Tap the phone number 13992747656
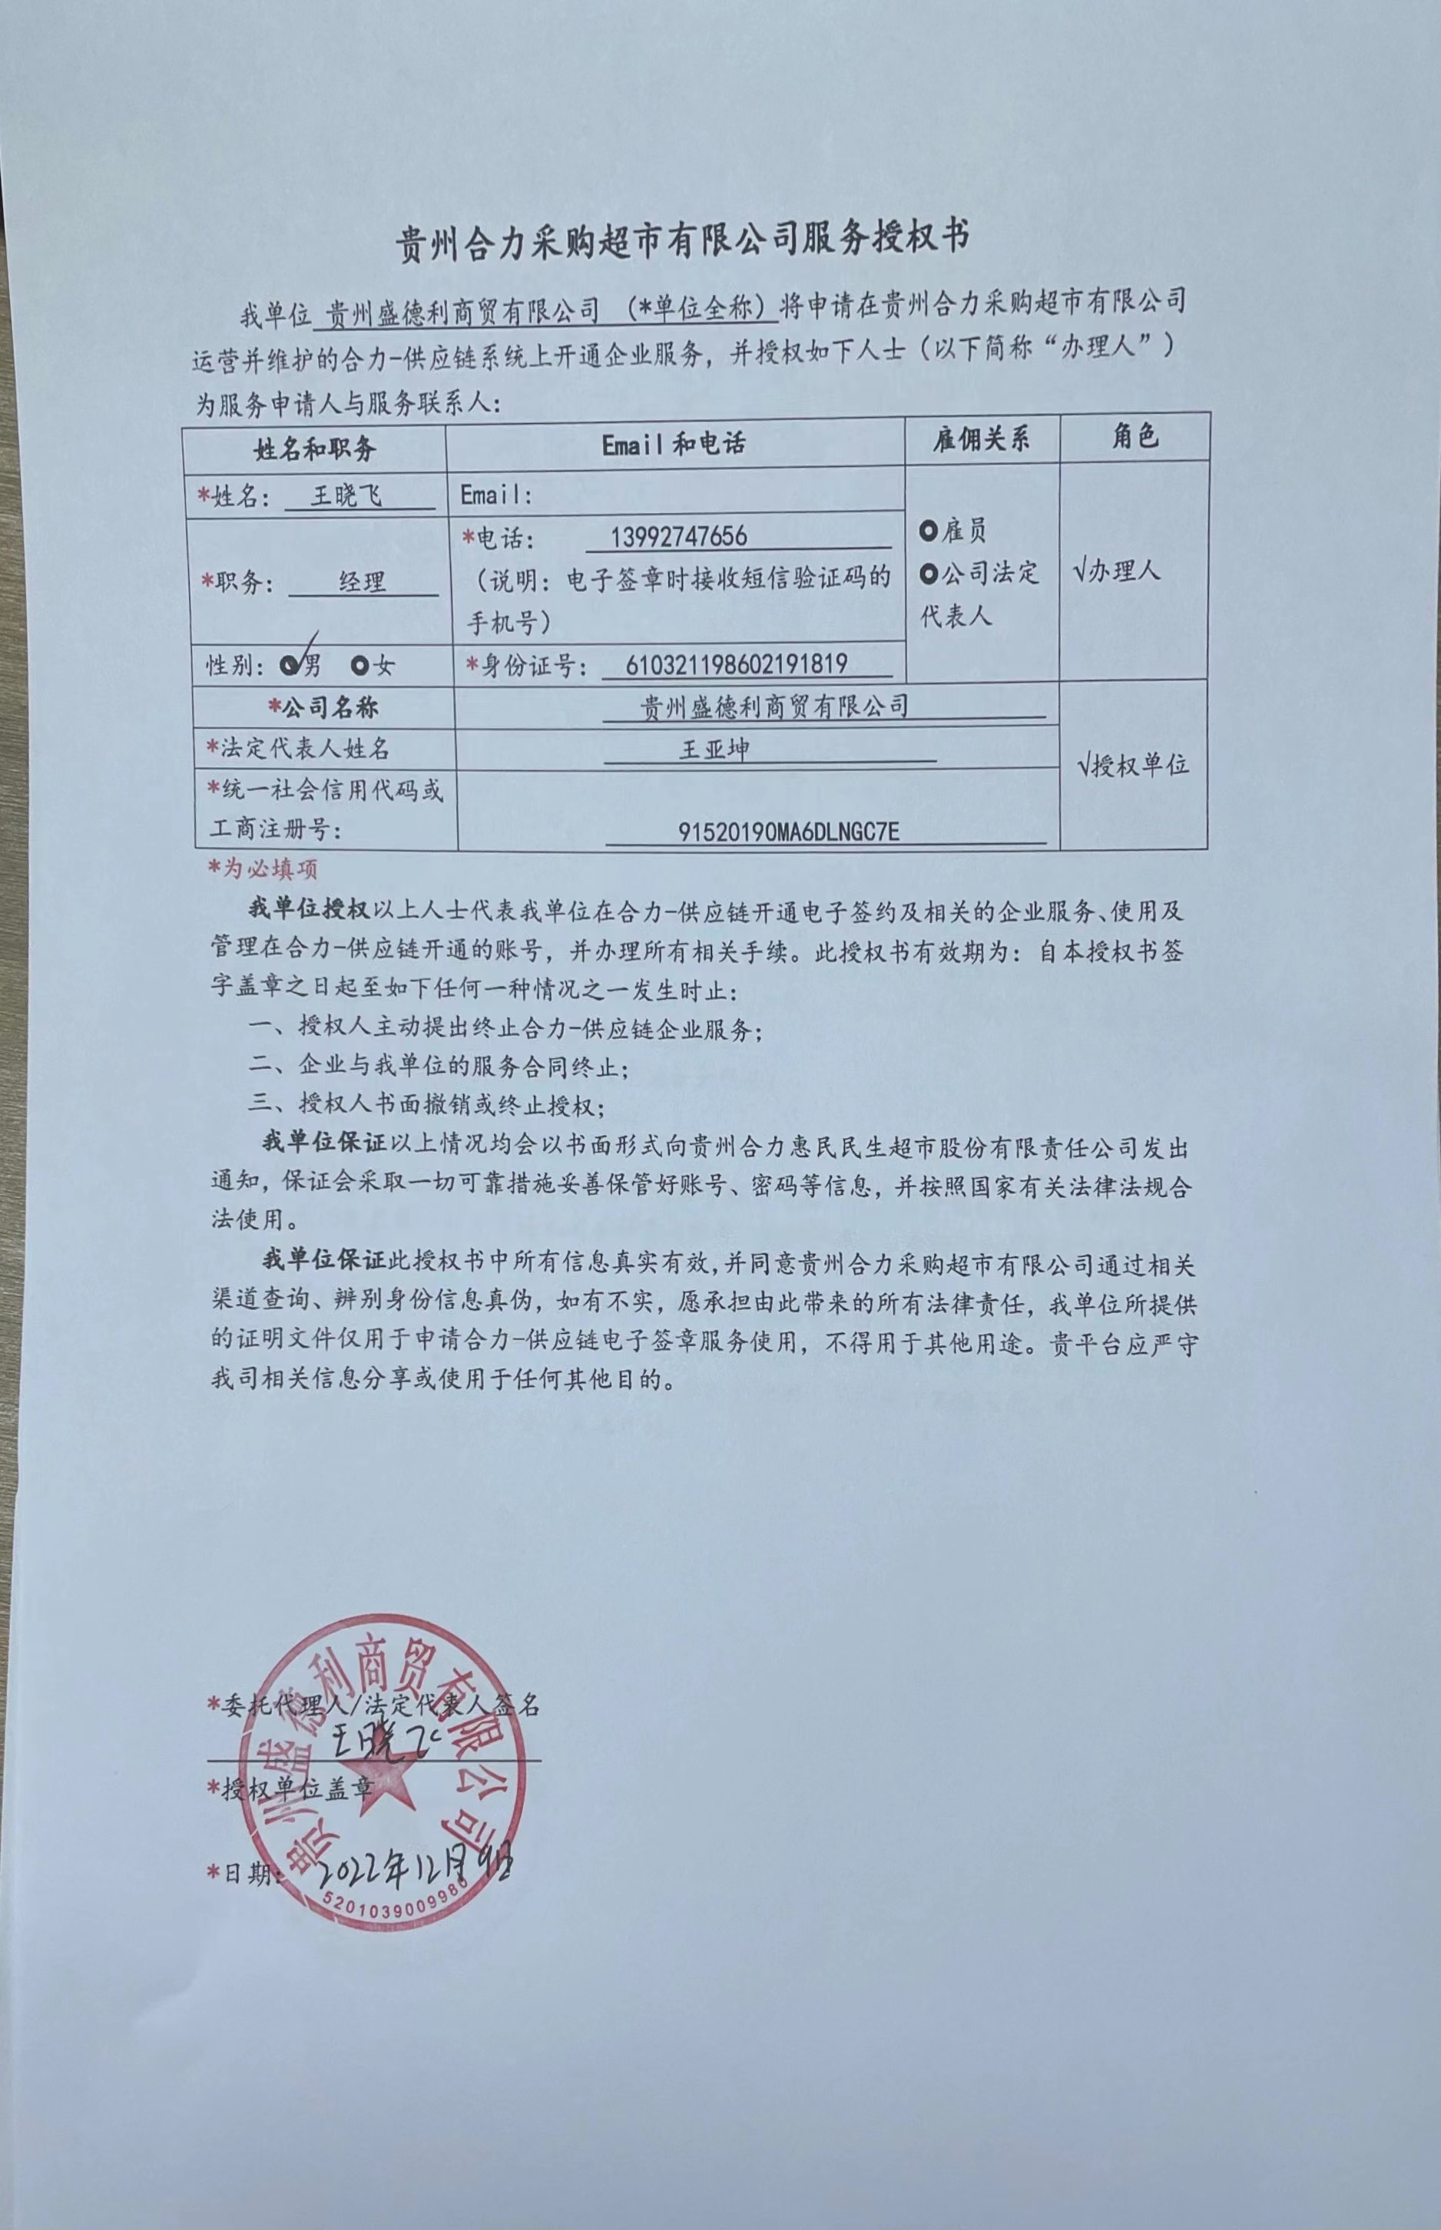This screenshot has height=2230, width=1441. [x=678, y=536]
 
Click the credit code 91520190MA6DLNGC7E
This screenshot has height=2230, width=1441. [x=789, y=831]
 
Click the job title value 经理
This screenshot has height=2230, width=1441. [x=362, y=582]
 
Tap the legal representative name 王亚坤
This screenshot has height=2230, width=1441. [x=714, y=749]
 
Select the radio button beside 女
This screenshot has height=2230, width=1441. [x=360, y=666]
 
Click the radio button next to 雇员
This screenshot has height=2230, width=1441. [x=928, y=531]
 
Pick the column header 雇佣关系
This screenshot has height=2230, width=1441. [x=981, y=438]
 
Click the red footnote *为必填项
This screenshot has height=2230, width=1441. [x=264, y=869]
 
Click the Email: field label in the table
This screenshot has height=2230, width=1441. [x=496, y=495]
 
